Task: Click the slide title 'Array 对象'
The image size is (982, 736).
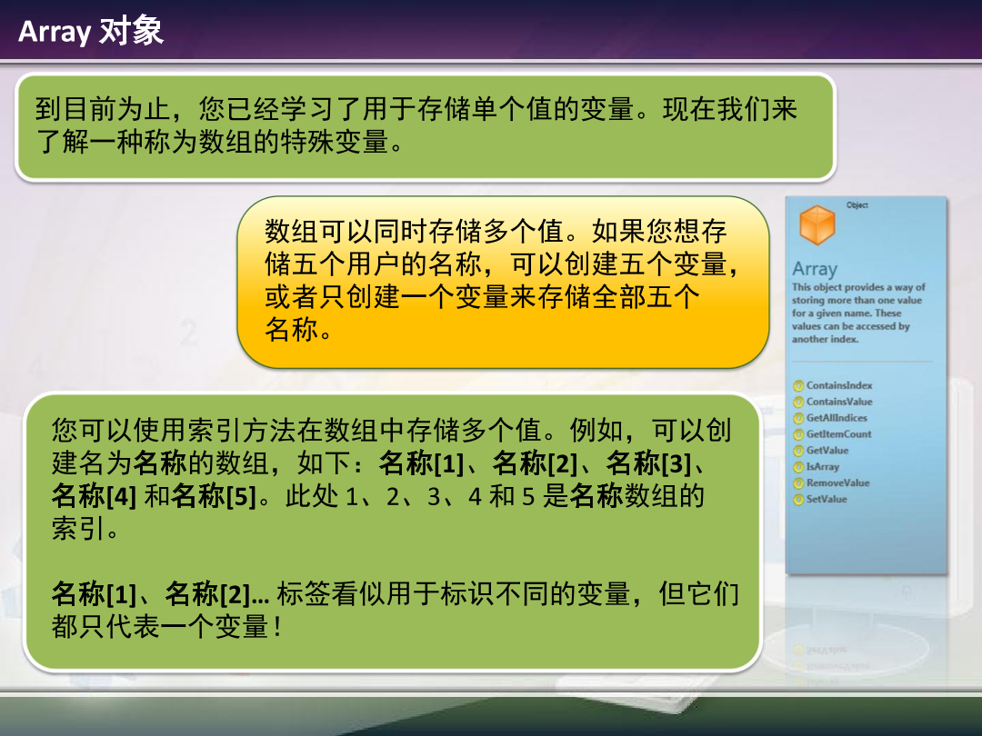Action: point(91,31)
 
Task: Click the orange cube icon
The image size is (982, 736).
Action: point(817,224)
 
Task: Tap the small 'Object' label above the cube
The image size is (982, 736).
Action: point(857,205)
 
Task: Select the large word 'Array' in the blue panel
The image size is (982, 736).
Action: point(815,269)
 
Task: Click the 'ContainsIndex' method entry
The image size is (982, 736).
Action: point(839,385)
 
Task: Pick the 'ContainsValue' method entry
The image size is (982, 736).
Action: point(839,402)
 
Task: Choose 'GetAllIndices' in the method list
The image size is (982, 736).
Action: point(837,418)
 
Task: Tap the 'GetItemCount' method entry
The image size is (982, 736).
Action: point(838,434)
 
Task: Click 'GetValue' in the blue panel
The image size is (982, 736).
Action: point(827,451)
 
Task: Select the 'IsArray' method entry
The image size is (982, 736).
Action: point(823,467)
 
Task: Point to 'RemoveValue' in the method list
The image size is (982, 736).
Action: point(838,483)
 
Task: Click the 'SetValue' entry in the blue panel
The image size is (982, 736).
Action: point(827,500)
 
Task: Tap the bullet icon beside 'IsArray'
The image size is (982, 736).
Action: point(798,467)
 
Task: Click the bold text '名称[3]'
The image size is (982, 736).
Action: point(648,463)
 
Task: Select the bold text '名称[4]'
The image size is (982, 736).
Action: point(94,496)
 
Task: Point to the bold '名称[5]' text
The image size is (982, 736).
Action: point(215,496)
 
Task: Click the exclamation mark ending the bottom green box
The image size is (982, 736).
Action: point(277,626)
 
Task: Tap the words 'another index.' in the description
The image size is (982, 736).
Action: point(825,339)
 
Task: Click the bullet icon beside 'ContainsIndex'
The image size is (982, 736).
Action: point(798,385)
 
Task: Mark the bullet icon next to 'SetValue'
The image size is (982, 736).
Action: point(798,500)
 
